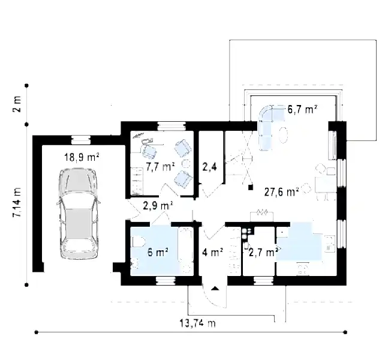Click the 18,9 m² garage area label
[82, 157]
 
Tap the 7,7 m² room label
[160, 167]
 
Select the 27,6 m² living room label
[281, 192]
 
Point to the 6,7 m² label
[302, 109]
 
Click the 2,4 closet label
[209, 167]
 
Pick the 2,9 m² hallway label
[158, 206]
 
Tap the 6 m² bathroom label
[158, 252]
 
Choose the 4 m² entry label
[213, 252]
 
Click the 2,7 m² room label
[263, 252]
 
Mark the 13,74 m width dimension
[198, 323]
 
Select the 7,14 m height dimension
[17, 202]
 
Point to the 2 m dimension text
[17, 104]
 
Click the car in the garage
[79, 213]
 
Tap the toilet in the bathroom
[138, 242]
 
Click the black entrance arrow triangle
[215, 289]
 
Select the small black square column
[251, 187]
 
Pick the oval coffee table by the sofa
[283, 134]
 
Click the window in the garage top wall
[81, 140]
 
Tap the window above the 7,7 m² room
[172, 126]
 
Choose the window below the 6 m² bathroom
[166, 281]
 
